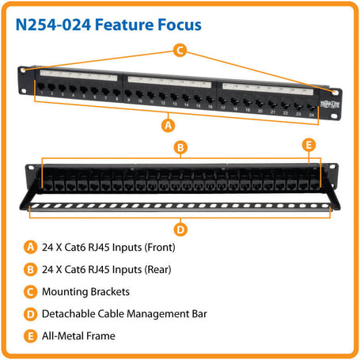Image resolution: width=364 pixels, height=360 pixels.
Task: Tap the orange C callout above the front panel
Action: (x=180, y=51)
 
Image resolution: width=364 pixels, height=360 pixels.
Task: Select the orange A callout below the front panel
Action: (x=167, y=124)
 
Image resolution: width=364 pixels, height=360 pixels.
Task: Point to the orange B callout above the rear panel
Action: (x=180, y=146)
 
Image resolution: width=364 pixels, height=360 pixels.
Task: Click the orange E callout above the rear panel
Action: (x=309, y=145)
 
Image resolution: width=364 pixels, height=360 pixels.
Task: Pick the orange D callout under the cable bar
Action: (x=180, y=230)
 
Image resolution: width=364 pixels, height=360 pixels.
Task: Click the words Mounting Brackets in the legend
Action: (x=85, y=291)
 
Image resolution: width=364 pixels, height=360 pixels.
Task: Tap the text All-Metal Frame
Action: (x=80, y=335)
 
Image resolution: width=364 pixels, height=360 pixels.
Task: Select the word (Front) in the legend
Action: (x=158, y=247)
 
